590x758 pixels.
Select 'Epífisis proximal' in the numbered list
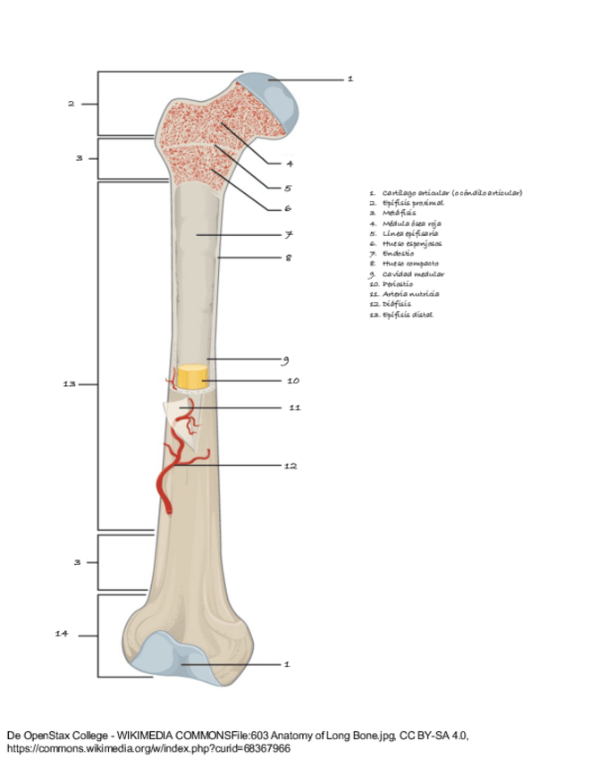pyautogui.click(x=412, y=203)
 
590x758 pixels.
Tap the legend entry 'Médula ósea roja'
pyautogui.click(x=411, y=223)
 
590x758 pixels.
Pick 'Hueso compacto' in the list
pyautogui.click(x=410, y=264)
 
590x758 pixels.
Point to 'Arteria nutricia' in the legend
pyautogui.click(x=410, y=294)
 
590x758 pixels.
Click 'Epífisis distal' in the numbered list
pyautogui.click(x=407, y=315)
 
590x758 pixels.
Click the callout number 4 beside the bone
pyautogui.click(x=290, y=164)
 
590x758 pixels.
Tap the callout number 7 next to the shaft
pyautogui.click(x=290, y=234)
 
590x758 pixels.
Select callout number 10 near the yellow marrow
pyautogui.click(x=292, y=381)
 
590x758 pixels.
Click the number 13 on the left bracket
pyautogui.click(x=69, y=383)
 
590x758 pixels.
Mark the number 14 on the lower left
pyautogui.click(x=62, y=634)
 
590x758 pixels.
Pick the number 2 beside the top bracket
pyautogui.click(x=71, y=105)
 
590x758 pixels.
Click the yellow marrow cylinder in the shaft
pyautogui.click(x=190, y=377)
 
